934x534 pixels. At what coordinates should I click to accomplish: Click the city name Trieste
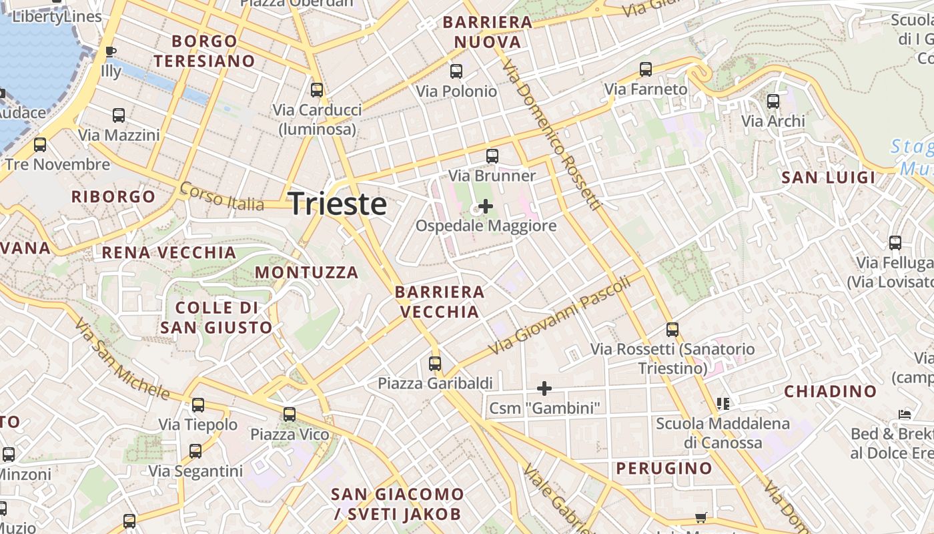[338, 204]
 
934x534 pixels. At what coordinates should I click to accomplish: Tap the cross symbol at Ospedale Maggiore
[486, 206]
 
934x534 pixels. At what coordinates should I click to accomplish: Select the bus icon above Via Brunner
[492, 156]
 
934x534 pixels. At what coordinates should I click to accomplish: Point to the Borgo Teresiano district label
[204, 51]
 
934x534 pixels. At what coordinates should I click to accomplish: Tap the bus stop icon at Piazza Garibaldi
[435, 364]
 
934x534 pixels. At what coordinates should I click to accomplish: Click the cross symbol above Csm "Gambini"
[544, 388]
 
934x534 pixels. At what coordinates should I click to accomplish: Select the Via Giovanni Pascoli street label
[559, 316]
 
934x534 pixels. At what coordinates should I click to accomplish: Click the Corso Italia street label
[222, 197]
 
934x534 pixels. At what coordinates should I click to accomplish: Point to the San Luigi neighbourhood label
[828, 178]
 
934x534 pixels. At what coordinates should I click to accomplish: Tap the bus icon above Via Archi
[773, 101]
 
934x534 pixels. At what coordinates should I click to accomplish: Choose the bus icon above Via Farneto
[645, 69]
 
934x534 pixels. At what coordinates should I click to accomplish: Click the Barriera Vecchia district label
[440, 302]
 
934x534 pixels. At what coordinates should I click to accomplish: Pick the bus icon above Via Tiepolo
[198, 405]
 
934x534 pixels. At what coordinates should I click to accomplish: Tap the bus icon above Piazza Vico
[290, 415]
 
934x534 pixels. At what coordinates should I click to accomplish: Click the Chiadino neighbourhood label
[830, 391]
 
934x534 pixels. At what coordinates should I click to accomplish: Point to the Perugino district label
[664, 468]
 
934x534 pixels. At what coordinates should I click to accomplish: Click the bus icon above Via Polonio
[456, 71]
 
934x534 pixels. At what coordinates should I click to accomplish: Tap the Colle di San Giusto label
[217, 318]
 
